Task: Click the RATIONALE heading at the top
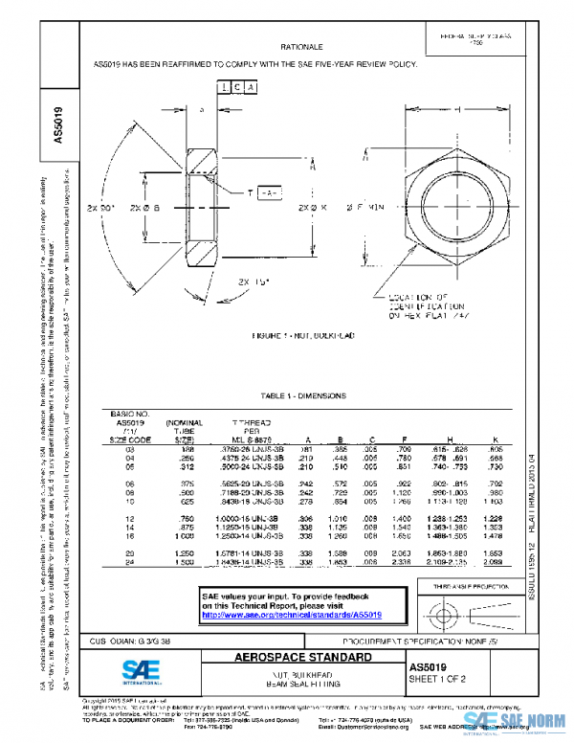click(302, 46)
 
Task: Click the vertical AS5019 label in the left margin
click(58, 124)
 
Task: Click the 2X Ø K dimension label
click(313, 207)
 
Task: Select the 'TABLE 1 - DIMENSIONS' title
click(302, 395)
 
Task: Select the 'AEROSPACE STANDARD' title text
click(302, 659)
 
